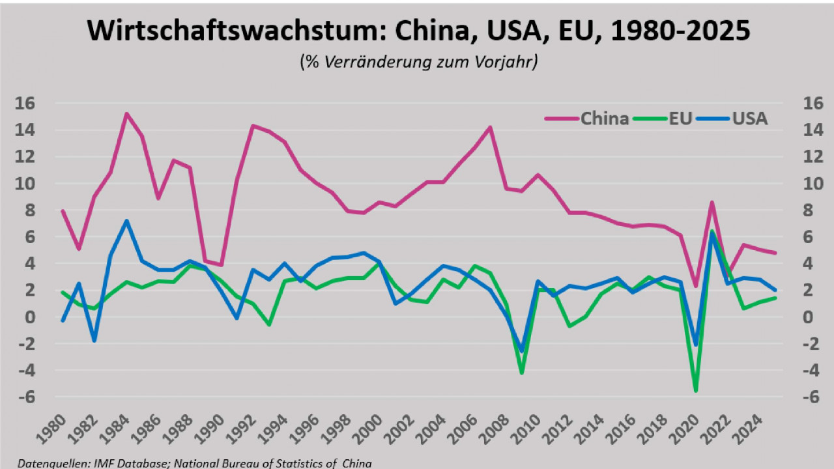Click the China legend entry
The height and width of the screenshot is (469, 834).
(x=603, y=119)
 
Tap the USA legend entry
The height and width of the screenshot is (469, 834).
(x=749, y=119)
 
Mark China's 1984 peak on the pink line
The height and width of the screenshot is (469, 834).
(x=126, y=114)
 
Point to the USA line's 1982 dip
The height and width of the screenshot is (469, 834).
(x=94, y=341)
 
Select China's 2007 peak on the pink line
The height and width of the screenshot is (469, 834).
(x=489, y=127)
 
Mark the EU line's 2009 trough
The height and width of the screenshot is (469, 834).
(x=521, y=373)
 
